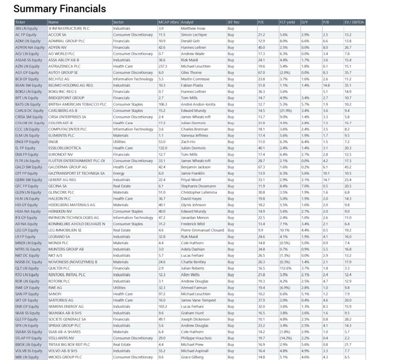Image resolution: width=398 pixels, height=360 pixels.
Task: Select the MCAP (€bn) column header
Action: pyautogui.click(x=168, y=22)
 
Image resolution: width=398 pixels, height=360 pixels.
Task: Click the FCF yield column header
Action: pyautogui.click(x=286, y=22)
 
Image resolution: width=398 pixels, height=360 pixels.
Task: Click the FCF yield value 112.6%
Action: pyautogui.click(x=286, y=267)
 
